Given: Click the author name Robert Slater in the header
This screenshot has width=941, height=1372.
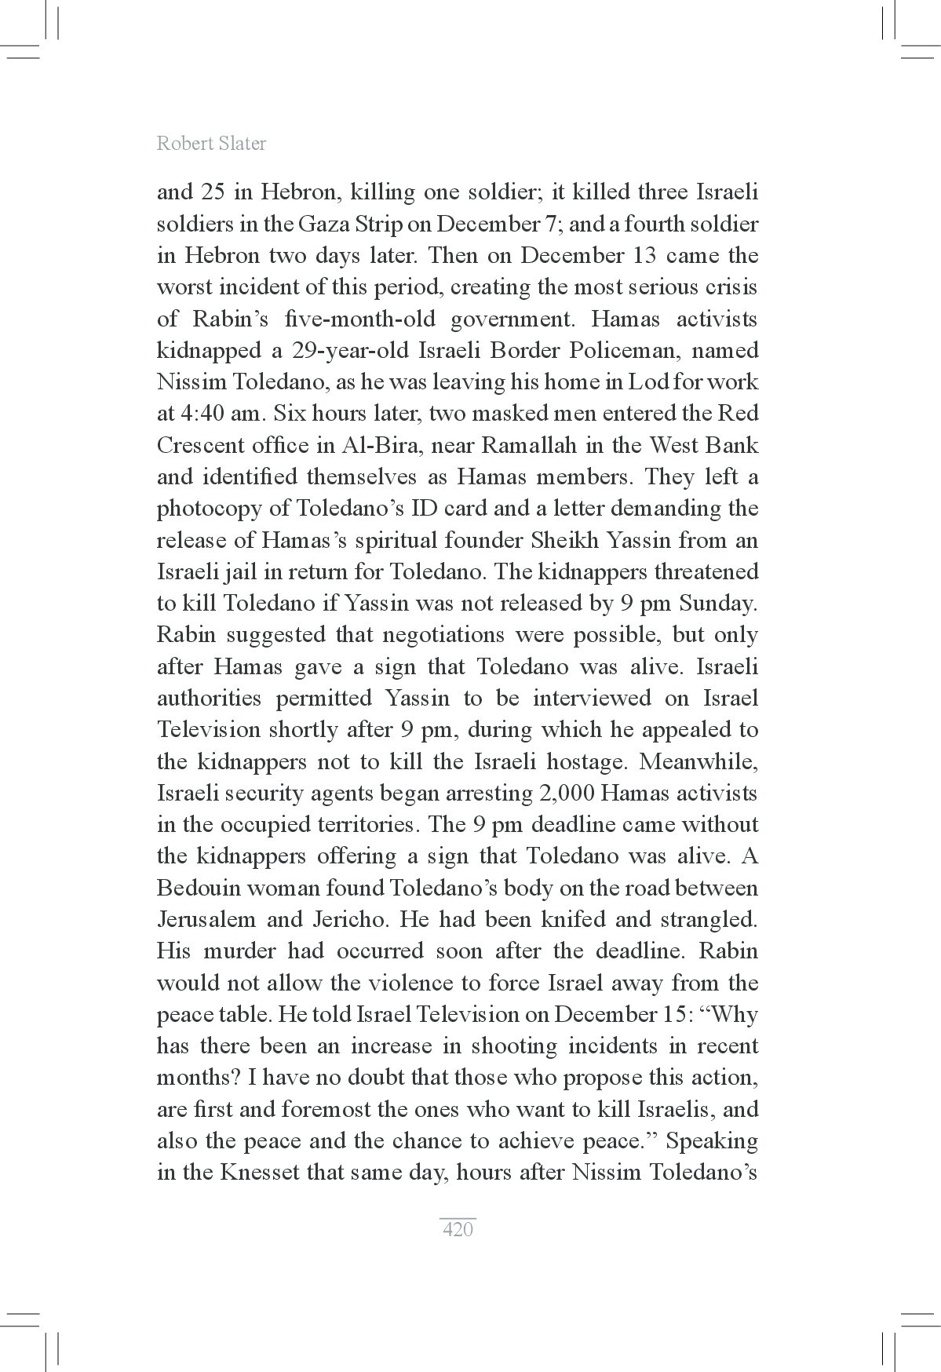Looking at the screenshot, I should (x=211, y=144).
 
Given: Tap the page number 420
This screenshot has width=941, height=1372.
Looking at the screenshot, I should (x=458, y=1229).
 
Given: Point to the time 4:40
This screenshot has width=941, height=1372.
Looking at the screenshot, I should (x=200, y=414).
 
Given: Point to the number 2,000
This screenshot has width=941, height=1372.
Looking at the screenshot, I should (x=567, y=794).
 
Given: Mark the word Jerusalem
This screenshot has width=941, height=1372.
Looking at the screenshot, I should (x=206, y=920).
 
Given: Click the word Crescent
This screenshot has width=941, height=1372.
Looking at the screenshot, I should (x=199, y=446).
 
